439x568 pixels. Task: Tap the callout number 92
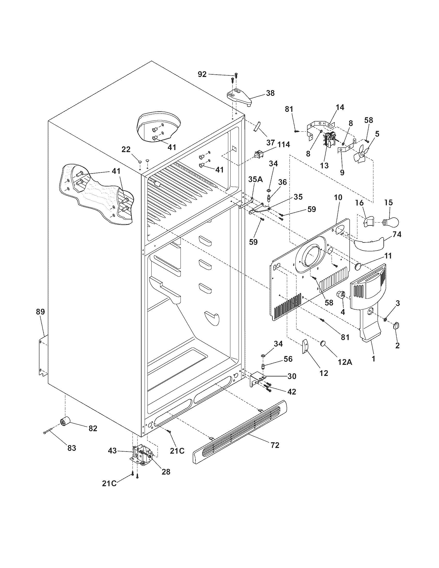202,74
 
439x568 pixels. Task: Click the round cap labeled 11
358,267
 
